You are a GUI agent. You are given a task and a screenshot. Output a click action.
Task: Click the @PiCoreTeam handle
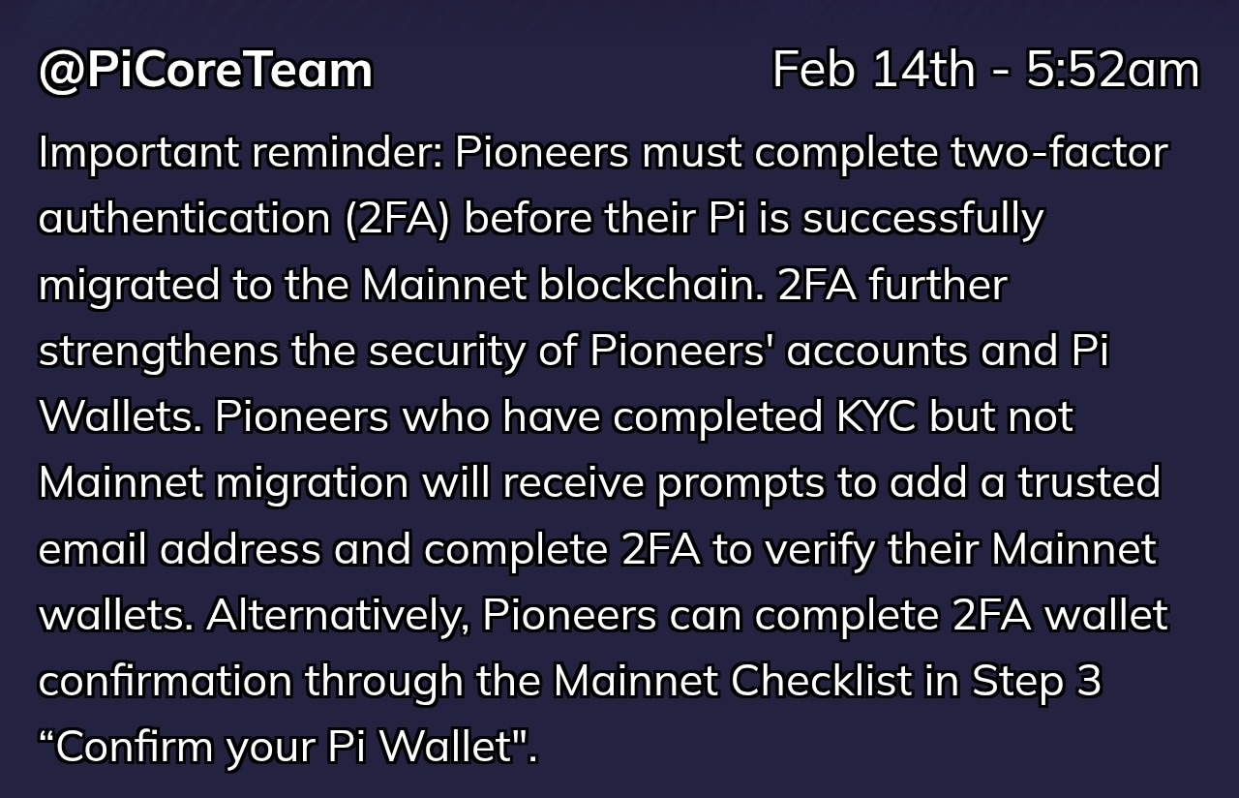(205, 71)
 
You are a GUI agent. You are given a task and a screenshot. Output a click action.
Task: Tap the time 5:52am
(1112, 70)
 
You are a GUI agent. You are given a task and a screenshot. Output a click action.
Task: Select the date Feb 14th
(873, 70)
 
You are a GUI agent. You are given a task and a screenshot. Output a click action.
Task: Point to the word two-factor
(1059, 151)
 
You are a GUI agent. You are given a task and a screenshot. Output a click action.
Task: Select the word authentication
(184, 218)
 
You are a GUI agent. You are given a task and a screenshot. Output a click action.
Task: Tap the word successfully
(922, 220)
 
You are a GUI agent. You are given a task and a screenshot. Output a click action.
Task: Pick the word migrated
(129, 286)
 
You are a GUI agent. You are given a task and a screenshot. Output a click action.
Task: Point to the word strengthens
(158, 352)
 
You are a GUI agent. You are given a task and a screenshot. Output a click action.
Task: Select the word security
(447, 352)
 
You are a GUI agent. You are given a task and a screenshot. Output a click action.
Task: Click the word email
(92, 548)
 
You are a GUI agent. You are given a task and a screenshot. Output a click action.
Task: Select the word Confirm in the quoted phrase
(134, 746)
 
